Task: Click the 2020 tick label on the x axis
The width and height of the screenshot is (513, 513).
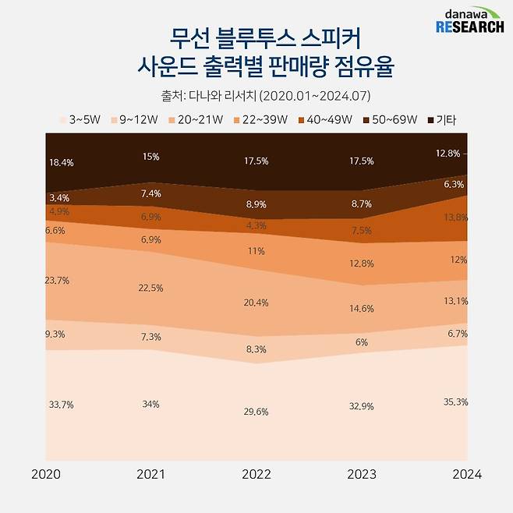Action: pos(47,474)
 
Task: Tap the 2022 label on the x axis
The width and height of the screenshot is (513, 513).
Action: pos(256,474)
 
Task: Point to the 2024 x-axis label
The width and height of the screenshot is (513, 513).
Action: pos(466,474)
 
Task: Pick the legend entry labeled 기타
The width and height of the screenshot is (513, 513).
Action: pos(443,120)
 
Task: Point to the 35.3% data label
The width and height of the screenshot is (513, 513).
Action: pos(455,402)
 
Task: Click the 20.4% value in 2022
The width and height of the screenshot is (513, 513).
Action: pos(256,302)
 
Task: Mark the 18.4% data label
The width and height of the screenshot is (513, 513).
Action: pos(61,161)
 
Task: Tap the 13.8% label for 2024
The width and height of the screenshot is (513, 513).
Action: pos(455,216)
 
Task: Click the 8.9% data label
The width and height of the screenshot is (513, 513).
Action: pos(256,203)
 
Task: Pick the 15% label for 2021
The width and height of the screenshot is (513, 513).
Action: pos(151,157)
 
